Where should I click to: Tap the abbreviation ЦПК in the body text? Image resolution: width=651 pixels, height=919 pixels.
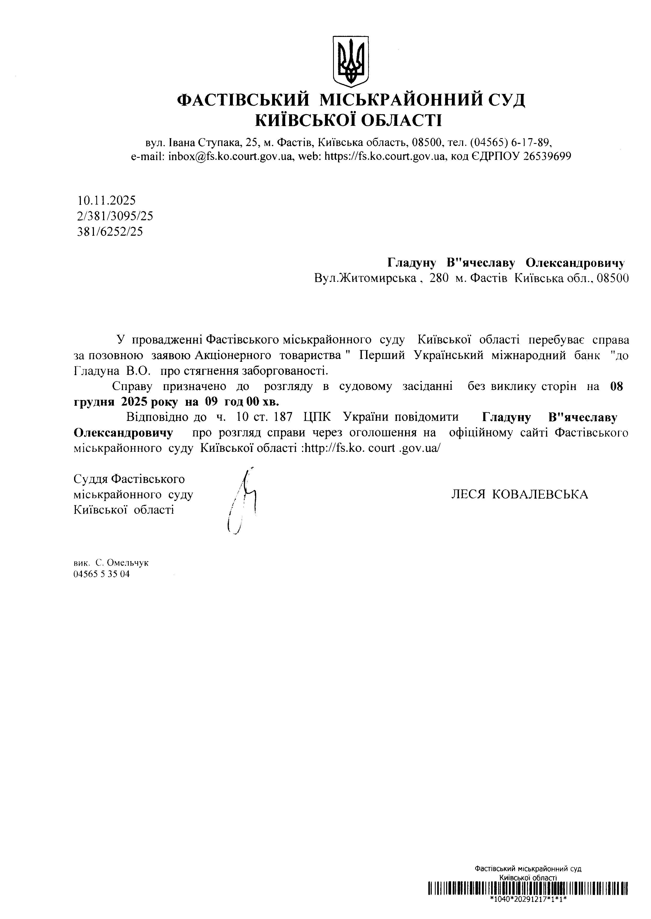317,417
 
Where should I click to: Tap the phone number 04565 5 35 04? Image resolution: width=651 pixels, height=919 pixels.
102,574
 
